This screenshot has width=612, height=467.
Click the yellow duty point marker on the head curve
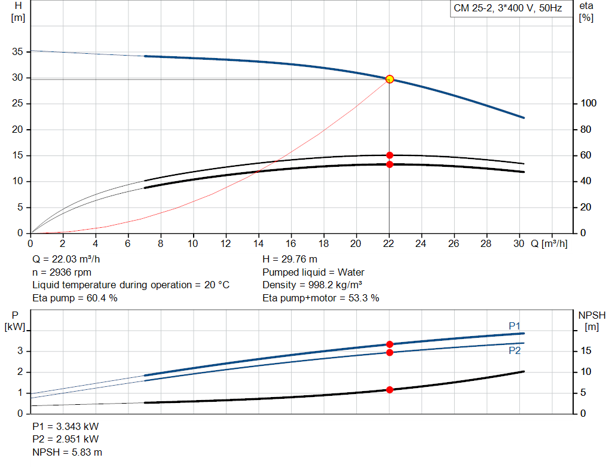[x=390, y=80]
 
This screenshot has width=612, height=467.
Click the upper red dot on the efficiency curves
[x=390, y=155]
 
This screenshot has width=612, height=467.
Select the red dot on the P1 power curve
[x=390, y=344]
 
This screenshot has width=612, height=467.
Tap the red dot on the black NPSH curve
[x=390, y=390]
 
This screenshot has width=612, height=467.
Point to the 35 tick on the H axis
[x=17, y=51]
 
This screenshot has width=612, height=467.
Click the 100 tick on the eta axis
[x=589, y=103]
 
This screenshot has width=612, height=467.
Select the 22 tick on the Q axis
[x=388, y=243]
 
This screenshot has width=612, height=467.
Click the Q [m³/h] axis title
[x=549, y=243]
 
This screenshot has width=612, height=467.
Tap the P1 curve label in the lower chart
[x=515, y=326]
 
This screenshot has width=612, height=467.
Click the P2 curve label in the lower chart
[x=515, y=350]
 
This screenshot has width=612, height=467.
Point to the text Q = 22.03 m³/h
[x=66, y=260]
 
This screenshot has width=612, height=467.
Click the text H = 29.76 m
[x=290, y=260]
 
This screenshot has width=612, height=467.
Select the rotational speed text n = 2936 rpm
[x=62, y=272]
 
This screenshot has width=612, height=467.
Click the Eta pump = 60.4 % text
[x=75, y=298]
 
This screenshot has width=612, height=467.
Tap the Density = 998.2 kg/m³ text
[x=312, y=285]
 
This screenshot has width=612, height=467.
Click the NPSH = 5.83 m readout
[x=67, y=452]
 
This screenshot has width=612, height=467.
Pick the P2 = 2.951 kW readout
[x=66, y=439]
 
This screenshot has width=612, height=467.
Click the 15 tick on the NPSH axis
[x=586, y=350]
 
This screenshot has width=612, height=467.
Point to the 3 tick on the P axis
[x=20, y=350]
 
